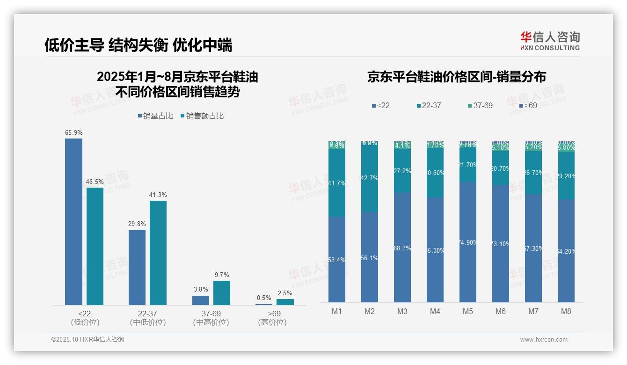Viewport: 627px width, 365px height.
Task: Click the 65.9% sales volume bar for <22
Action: click(x=73, y=222)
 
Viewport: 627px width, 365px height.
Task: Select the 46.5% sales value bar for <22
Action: click(x=95, y=246)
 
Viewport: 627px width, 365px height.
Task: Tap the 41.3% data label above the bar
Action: click(x=158, y=195)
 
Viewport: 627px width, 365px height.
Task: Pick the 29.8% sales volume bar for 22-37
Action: click(x=137, y=267)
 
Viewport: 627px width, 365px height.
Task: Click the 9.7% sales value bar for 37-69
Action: click(x=222, y=293)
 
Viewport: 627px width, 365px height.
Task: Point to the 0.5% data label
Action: click(x=264, y=298)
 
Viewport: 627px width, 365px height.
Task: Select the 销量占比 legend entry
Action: click(x=156, y=116)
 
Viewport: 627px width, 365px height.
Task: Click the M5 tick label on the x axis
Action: click(x=468, y=311)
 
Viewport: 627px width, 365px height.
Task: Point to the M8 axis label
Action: click(x=566, y=311)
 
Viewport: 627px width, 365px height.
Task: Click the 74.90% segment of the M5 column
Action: click(x=468, y=242)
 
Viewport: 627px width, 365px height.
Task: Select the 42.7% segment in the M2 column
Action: click(x=370, y=178)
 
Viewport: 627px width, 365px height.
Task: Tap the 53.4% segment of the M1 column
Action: click(x=337, y=260)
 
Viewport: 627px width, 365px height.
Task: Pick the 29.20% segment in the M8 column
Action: click(x=566, y=176)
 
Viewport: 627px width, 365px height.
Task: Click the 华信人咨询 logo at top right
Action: click(x=550, y=41)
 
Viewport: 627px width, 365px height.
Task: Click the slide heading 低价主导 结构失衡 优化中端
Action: click(x=138, y=45)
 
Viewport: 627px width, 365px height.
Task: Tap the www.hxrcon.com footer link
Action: click(x=544, y=340)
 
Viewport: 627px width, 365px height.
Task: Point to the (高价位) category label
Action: click(x=272, y=322)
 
